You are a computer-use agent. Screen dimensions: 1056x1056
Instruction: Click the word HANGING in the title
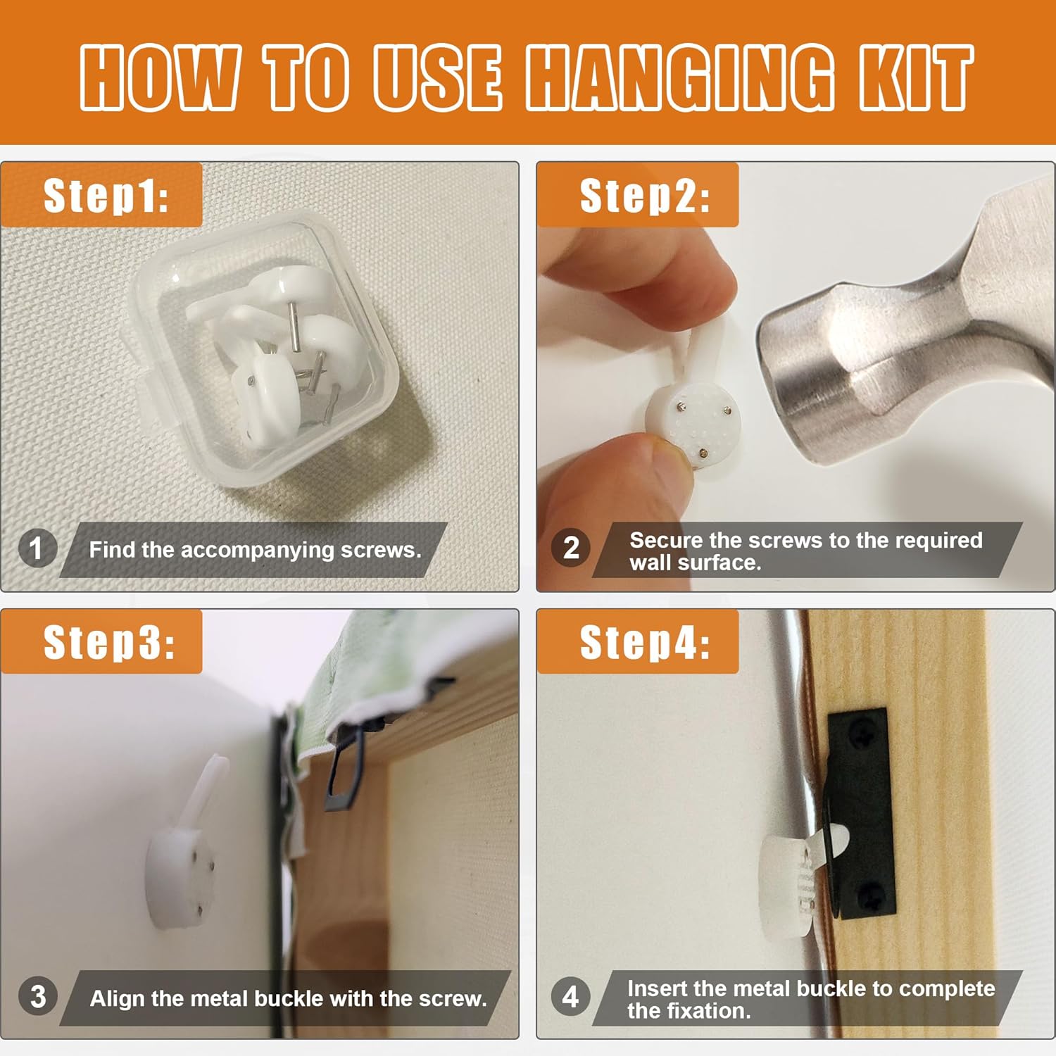(680, 77)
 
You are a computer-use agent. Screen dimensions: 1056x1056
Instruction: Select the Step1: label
(106, 196)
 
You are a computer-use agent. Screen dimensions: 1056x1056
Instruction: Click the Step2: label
(645, 196)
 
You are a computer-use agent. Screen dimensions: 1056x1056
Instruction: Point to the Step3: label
(109, 642)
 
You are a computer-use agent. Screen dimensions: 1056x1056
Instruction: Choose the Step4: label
(645, 642)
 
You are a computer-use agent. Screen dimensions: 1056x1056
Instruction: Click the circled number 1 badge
(37, 548)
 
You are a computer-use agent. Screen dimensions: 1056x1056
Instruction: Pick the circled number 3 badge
(37, 996)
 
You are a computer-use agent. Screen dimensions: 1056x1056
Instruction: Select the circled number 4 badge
(571, 996)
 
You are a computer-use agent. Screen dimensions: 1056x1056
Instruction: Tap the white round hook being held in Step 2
(690, 415)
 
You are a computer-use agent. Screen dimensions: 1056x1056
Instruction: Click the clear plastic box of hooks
(264, 352)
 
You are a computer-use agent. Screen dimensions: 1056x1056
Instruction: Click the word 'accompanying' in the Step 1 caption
(257, 550)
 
